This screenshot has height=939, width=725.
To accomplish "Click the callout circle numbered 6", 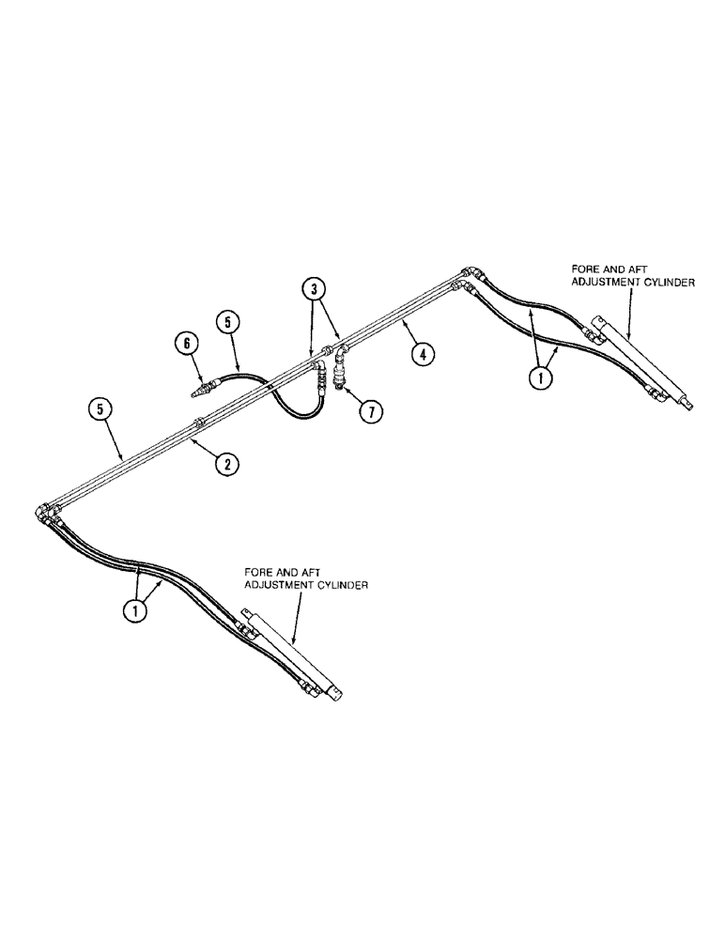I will (188, 344).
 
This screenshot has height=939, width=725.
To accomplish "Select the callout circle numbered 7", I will (370, 409).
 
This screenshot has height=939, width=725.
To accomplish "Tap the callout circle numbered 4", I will (423, 354).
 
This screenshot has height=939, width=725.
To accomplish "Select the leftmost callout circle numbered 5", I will (99, 409).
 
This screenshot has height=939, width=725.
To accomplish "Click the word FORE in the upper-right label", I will (570, 268).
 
